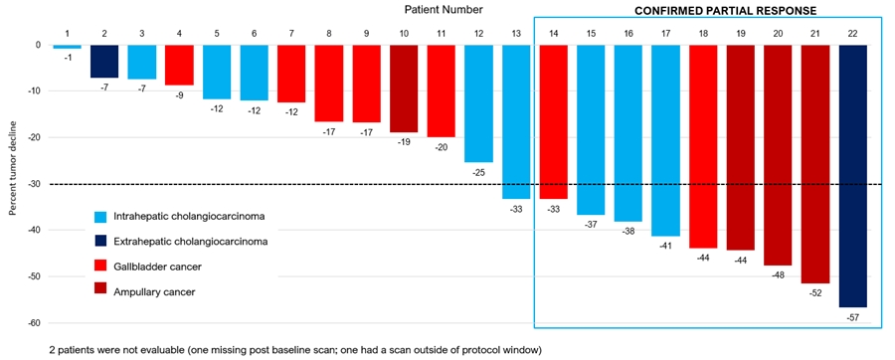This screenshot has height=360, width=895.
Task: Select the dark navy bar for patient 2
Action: pyautogui.click(x=104, y=62)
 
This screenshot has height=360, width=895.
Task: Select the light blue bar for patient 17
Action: pyautogui.click(x=665, y=140)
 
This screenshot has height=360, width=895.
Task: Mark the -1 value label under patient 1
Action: pyautogui.click(x=67, y=57)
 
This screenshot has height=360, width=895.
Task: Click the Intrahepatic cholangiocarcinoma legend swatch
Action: pyautogui.click(x=100, y=216)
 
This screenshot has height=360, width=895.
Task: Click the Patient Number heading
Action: pyautogui.click(x=444, y=9)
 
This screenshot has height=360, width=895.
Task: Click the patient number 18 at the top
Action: pyautogui.click(x=702, y=34)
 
